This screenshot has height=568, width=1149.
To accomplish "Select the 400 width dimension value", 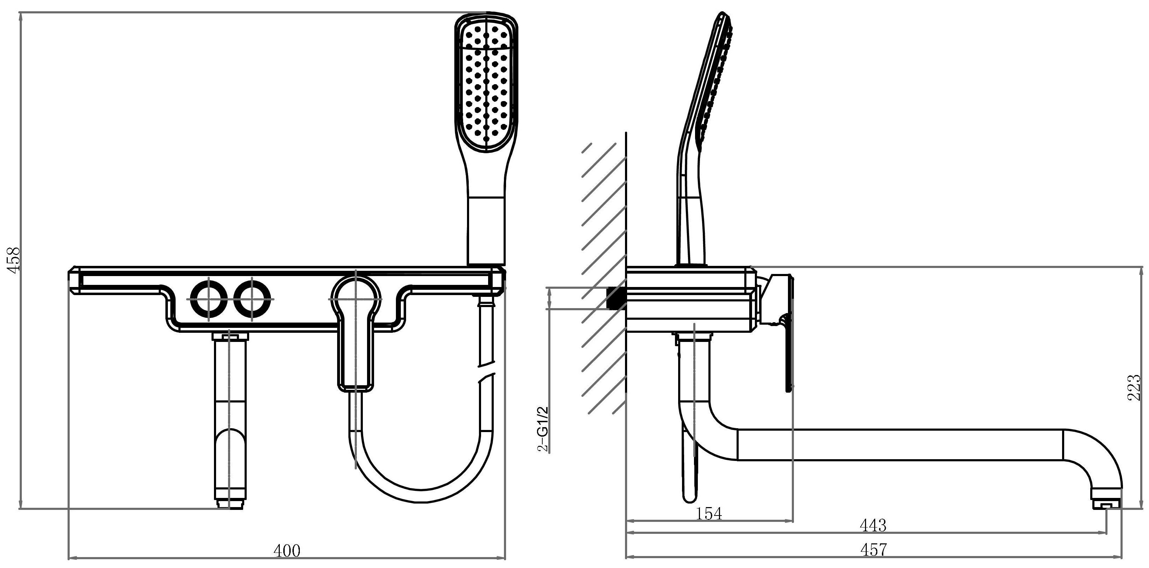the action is click(x=287, y=551).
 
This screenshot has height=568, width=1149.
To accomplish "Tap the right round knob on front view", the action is click(x=252, y=299).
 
